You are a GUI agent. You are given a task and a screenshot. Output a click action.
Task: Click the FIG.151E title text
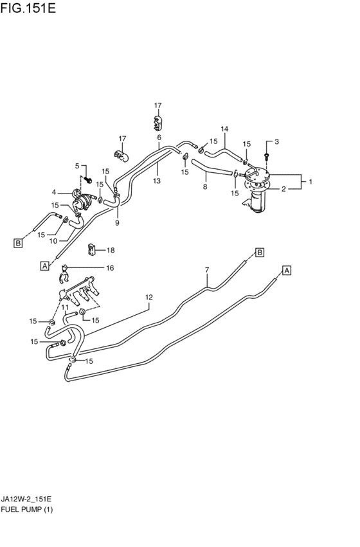28,8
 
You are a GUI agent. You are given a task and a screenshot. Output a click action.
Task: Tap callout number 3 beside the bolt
276,141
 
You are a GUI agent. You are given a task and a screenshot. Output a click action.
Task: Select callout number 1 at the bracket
310,181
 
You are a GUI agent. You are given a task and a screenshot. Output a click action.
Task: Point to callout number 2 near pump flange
283,189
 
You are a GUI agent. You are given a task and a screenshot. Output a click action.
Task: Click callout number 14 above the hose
224,129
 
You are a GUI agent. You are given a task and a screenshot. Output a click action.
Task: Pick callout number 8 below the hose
205,186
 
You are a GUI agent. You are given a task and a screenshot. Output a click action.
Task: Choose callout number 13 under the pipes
157,181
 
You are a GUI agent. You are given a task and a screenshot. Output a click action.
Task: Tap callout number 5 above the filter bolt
77,166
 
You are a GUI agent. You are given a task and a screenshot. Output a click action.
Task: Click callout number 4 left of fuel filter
54,192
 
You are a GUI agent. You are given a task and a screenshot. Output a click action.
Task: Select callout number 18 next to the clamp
111,250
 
